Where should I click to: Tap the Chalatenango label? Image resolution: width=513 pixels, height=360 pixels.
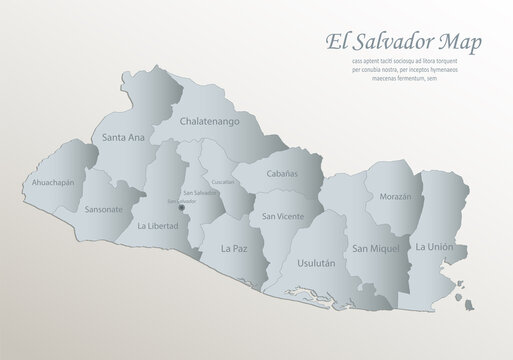(x=209, y=121)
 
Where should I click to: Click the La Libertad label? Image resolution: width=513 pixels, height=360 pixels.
(x=158, y=226)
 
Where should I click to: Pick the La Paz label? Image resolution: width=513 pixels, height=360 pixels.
(x=233, y=247)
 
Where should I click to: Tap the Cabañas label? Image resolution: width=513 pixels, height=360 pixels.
(x=281, y=174)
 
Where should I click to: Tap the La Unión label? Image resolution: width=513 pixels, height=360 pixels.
(x=437, y=246)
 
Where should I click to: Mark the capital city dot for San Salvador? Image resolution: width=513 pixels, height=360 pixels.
(x=181, y=208)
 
